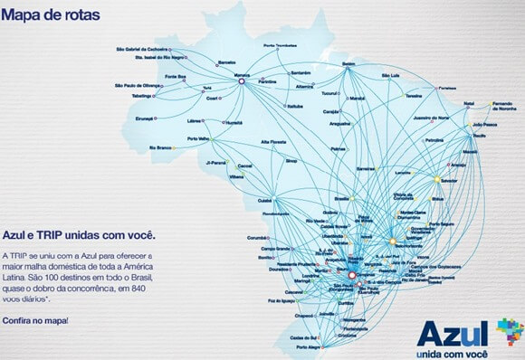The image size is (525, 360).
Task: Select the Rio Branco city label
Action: coord(161,146)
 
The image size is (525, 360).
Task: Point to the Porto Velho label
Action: coord(198,138)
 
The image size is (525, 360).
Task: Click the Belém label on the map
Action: coord(349,63)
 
